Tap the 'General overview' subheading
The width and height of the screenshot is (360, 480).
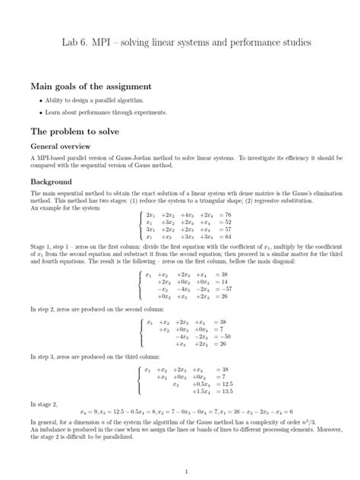point(61,145)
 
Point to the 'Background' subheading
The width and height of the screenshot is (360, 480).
point(50,182)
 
